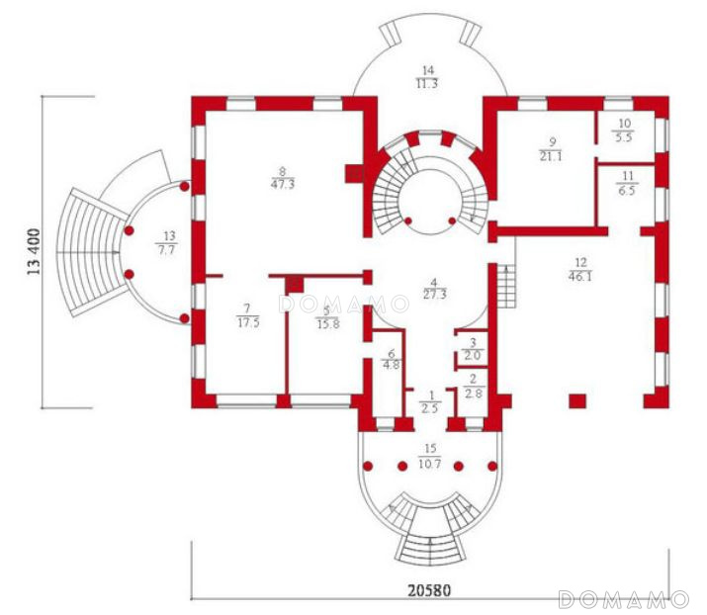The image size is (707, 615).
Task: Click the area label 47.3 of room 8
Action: pos(283,185)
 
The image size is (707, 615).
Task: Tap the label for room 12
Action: pos(580,270)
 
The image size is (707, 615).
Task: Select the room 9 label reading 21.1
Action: pos(551,157)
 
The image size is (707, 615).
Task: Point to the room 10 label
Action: pos(624,131)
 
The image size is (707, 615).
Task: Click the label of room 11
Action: pos(627,183)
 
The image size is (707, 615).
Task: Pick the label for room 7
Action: pos(248,315)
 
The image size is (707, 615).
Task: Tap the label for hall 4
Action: pos(434,289)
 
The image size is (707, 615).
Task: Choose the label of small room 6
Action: pos(391,359)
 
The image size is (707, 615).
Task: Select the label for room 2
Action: pos(473,388)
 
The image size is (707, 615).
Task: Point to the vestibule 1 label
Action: pos(431,401)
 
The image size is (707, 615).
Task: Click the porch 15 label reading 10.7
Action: pos(430,464)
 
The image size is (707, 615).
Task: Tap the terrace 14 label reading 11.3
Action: pos(427,84)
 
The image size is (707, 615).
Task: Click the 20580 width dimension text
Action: pos(429,590)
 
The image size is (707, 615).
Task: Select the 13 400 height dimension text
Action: pos(35,252)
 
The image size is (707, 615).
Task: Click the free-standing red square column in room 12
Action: pos(577,400)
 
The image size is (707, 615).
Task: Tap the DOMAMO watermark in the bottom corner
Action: pos(625,599)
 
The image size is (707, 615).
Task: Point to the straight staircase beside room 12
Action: pos(506,287)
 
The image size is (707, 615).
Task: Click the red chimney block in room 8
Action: pos(354,174)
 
